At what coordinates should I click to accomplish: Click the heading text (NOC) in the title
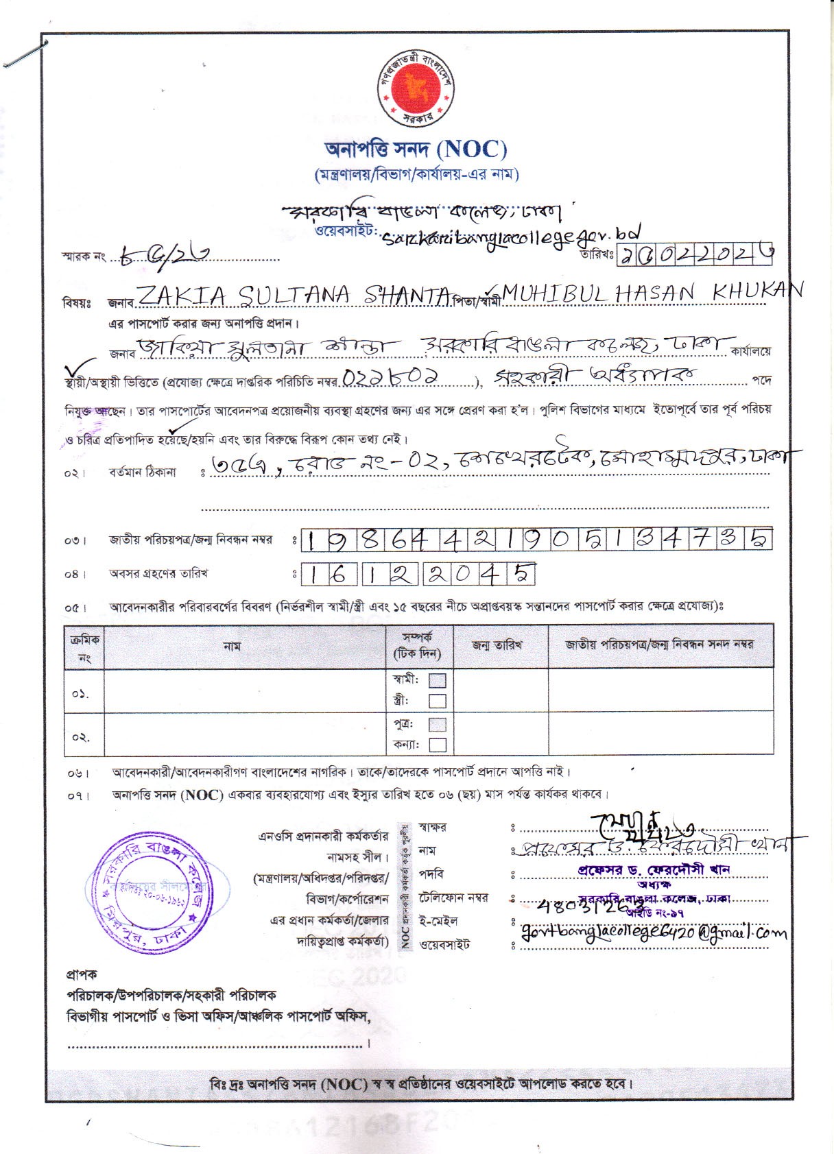pyautogui.click(x=472, y=149)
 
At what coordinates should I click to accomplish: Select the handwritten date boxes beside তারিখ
pyautogui.click(x=695, y=255)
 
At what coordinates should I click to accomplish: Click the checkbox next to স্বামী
pyautogui.click(x=437, y=680)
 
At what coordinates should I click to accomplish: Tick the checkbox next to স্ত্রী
pyautogui.click(x=437, y=701)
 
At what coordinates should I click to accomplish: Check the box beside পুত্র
pyautogui.click(x=437, y=724)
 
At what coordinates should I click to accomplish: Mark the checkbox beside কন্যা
pyautogui.click(x=437, y=745)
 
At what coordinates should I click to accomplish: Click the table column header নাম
pyautogui.click(x=232, y=646)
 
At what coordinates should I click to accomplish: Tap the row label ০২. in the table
pyautogui.click(x=81, y=737)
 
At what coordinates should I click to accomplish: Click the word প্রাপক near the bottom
pyautogui.click(x=82, y=974)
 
